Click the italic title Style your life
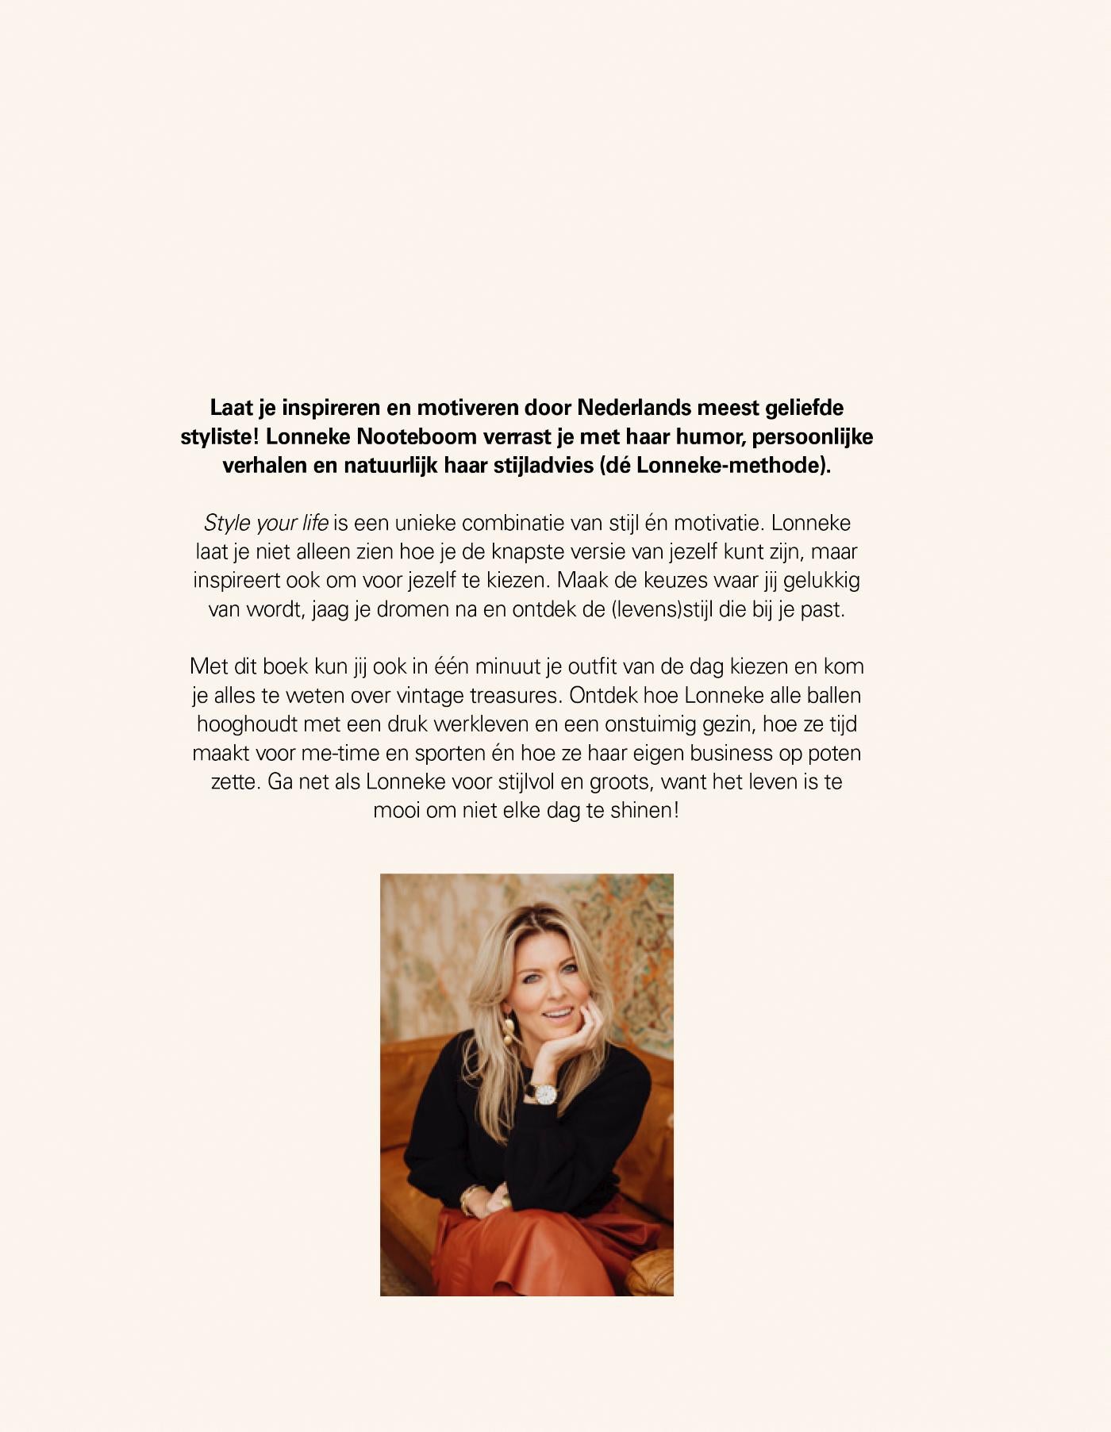266,523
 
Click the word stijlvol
526,781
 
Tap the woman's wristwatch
544,1094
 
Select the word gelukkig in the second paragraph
821,580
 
